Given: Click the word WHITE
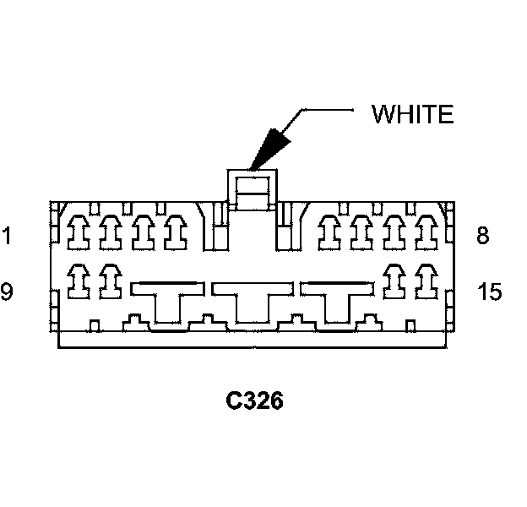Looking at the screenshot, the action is pos(413,114).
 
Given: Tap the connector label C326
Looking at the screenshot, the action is pos(254,400).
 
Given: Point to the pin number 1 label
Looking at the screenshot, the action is pos(7,237).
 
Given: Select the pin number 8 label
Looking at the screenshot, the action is pos(483,236).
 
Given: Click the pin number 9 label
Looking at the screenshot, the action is pos(7,292).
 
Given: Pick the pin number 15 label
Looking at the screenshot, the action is pos(489,292).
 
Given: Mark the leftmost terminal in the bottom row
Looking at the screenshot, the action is pos(79,281).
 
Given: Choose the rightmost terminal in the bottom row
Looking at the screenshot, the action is pos(423,281).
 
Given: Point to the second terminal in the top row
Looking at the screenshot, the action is pos(111,231).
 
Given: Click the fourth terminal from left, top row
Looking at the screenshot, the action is pos(175,231).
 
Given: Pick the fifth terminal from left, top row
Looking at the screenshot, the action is pos(331,231).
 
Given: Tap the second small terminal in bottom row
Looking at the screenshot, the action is pos(111,281).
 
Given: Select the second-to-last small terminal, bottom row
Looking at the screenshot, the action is pos(393,281).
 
